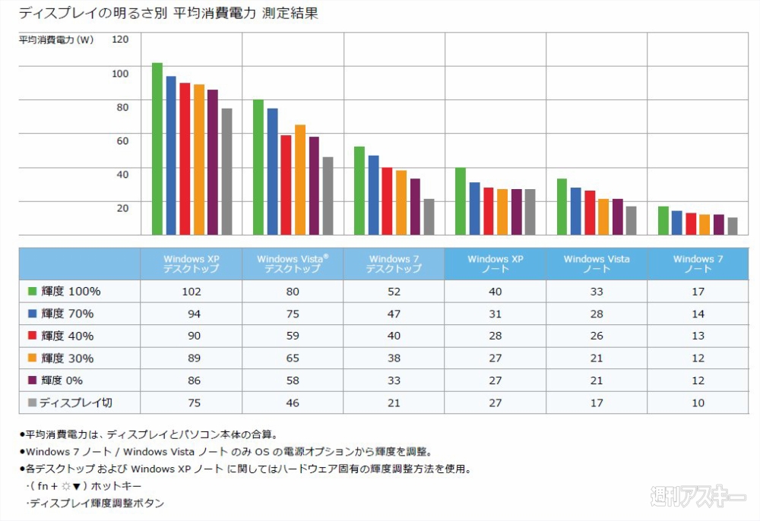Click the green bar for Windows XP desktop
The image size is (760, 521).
point(157,149)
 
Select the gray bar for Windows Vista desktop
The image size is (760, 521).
point(328,196)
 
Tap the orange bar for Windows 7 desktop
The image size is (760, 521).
point(401,203)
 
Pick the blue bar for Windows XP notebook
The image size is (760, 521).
point(474,209)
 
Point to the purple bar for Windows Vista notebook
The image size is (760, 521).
point(618,217)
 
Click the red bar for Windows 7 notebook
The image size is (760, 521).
point(691,224)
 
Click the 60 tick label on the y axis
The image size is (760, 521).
point(122,141)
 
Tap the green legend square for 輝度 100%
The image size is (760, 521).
point(33,291)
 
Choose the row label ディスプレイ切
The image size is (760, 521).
point(77,403)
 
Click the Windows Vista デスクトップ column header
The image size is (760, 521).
point(293,264)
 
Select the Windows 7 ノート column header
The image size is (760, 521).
point(698,264)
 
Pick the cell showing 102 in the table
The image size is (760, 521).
point(191,292)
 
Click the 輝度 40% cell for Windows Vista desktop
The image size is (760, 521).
point(293,336)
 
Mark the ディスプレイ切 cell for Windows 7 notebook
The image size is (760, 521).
point(698,403)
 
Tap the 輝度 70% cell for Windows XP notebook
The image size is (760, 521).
point(495,314)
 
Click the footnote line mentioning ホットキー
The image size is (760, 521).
point(84,486)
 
